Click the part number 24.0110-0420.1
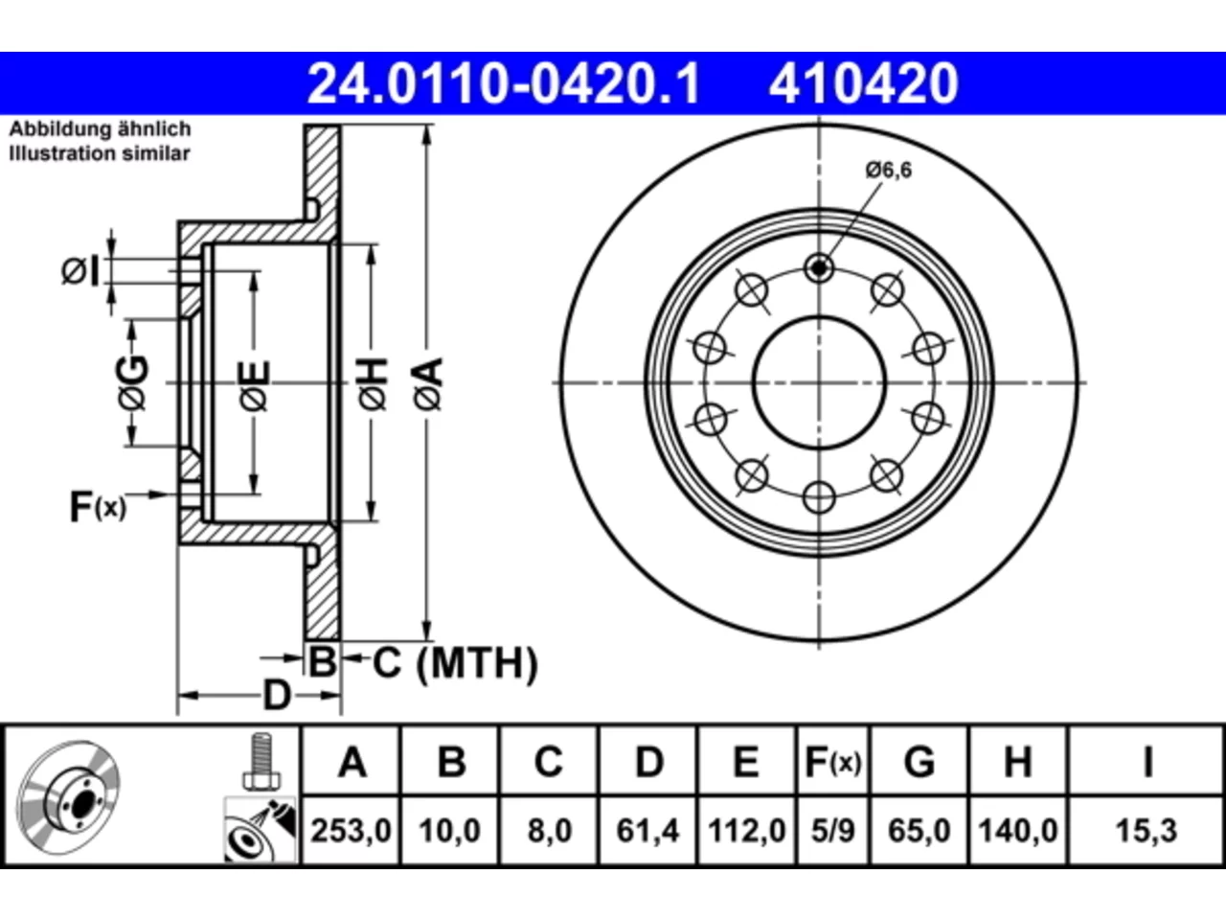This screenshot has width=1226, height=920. pyautogui.click(x=503, y=83)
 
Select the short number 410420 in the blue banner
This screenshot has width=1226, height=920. pyautogui.click(x=864, y=83)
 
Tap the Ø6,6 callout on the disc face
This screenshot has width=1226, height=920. pyautogui.click(x=889, y=170)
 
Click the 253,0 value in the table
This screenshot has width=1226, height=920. pyautogui.click(x=351, y=831)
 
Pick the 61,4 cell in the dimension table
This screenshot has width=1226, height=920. pyautogui.click(x=647, y=831)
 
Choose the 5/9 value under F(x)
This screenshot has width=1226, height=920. pyautogui.click(x=832, y=831)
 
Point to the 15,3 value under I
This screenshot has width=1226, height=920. pyautogui.click(x=1147, y=831)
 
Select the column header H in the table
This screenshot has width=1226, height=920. pyautogui.click(x=1017, y=762)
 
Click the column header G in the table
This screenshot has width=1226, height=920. pyautogui.click(x=919, y=762)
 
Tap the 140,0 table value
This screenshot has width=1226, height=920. pyautogui.click(x=1017, y=831)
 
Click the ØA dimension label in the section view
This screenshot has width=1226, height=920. pyautogui.click(x=428, y=384)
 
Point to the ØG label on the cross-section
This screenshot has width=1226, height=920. pyautogui.click(x=133, y=382)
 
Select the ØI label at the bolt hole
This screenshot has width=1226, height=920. pyautogui.click(x=80, y=272)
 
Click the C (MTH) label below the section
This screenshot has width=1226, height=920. pyautogui.click(x=455, y=663)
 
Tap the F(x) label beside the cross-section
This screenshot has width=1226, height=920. pyautogui.click(x=98, y=507)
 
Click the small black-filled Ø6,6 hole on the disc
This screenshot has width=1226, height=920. pyautogui.click(x=819, y=268)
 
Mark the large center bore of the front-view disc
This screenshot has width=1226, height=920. pyautogui.click(x=819, y=382)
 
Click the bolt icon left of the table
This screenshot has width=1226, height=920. pyautogui.click(x=261, y=762)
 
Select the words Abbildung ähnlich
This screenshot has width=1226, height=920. pyautogui.click(x=100, y=129)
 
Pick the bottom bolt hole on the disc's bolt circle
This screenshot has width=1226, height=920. pyautogui.click(x=819, y=497)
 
